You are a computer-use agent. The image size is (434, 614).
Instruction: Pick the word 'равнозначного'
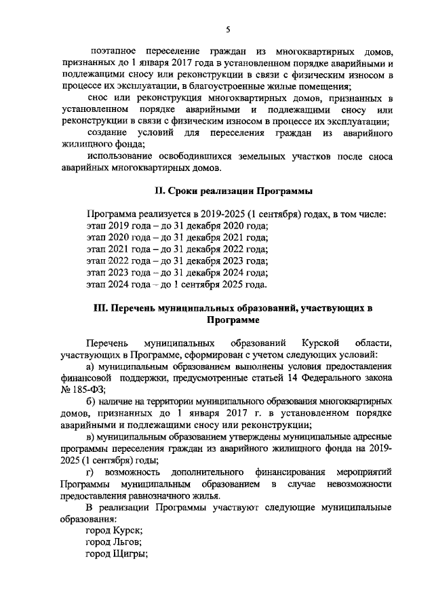tap(153, 496)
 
